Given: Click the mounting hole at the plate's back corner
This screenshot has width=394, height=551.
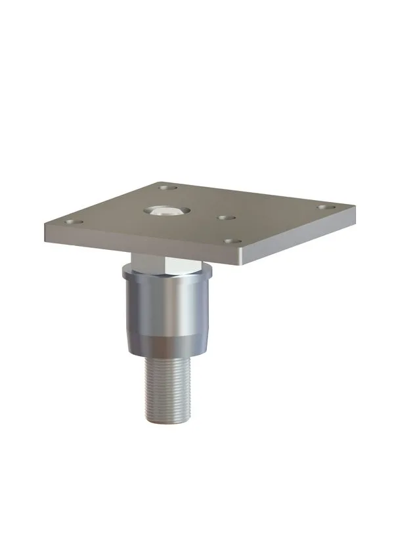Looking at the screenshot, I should pyautogui.click(x=168, y=188).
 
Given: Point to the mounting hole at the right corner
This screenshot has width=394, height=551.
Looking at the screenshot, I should pyautogui.click(x=325, y=208).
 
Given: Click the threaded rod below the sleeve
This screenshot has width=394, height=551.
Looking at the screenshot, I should pyautogui.click(x=167, y=387).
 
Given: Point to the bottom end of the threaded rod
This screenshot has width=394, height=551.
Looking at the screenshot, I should pyautogui.click(x=168, y=420).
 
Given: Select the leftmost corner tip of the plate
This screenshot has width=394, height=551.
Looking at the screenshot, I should pyautogui.click(x=45, y=227).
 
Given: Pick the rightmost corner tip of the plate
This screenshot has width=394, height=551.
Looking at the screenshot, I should pyautogui.click(x=354, y=209).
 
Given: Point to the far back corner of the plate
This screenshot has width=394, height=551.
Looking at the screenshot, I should pyautogui.click(x=160, y=183).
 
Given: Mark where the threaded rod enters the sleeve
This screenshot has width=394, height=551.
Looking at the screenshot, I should pyautogui.click(x=167, y=357).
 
